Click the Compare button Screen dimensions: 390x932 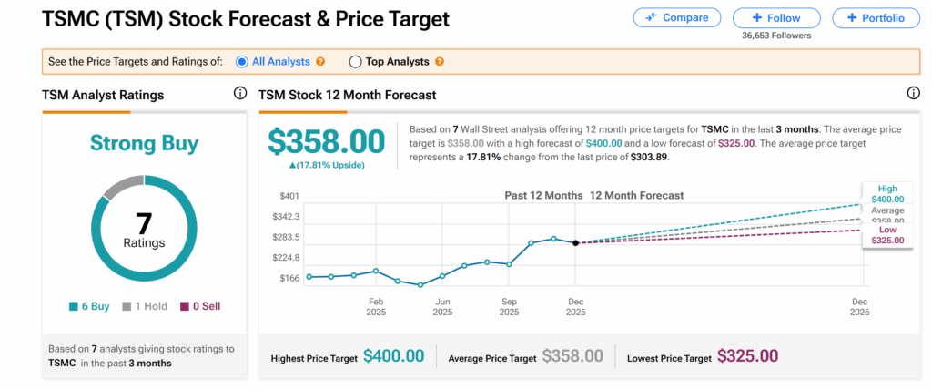(x=676, y=17)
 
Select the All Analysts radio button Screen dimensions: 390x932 (x=242, y=62)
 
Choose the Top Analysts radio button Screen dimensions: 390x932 (x=355, y=62)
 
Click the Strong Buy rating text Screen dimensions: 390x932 (x=144, y=143)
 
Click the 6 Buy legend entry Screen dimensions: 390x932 (x=89, y=306)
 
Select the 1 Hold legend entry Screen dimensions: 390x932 (x=144, y=306)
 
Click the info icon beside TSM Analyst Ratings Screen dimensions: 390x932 (x=240, y=93)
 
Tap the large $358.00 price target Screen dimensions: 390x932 (x=326, y=142)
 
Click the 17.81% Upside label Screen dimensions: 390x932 (x=326, y=165)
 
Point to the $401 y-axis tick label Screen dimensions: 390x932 (x=289, y=196)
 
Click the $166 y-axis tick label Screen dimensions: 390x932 (x=289, y=277)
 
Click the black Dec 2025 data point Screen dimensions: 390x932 (x=575, y=243)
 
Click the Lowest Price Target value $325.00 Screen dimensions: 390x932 (x=747, y=356)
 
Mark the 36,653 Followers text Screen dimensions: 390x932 (x=776, y=36)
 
